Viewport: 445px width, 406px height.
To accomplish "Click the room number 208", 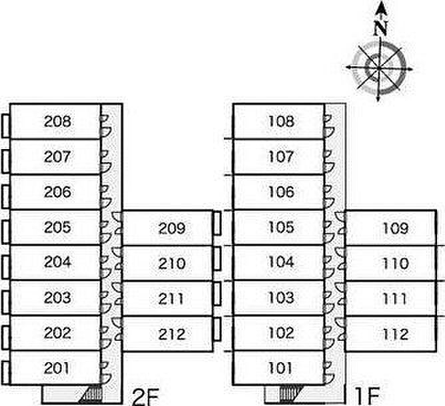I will [57, 122].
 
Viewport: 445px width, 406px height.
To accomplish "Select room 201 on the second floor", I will [57, 367].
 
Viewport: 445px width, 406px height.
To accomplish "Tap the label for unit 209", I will [172, 229].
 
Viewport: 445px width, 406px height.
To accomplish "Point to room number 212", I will [172, 334].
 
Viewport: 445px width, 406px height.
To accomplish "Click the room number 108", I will [280, 122].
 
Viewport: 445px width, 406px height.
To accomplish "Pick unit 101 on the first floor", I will [280, 367].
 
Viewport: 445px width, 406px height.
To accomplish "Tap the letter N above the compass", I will [380, 29].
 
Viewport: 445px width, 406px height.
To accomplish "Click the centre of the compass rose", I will [378, 67].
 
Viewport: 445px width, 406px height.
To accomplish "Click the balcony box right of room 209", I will [217, 223].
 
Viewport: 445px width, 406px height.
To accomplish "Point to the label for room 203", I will [57, 298].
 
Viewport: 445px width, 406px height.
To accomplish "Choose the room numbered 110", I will [396, 264].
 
